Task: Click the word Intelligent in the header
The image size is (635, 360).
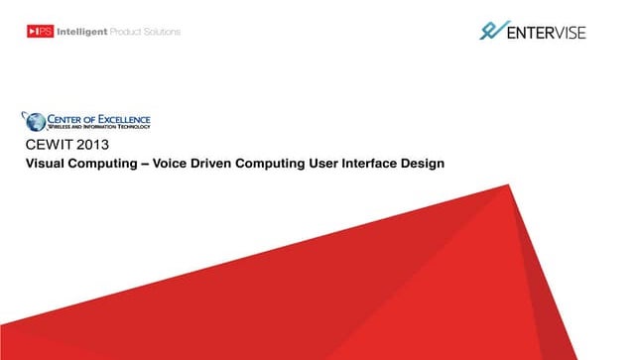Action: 87,32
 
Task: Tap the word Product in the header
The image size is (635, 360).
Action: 131,32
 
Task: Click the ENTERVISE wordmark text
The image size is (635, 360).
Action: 546,33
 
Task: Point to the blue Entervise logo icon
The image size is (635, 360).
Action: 491,31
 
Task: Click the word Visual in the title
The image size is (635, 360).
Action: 44,164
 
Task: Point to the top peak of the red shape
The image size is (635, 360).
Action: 507,184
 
